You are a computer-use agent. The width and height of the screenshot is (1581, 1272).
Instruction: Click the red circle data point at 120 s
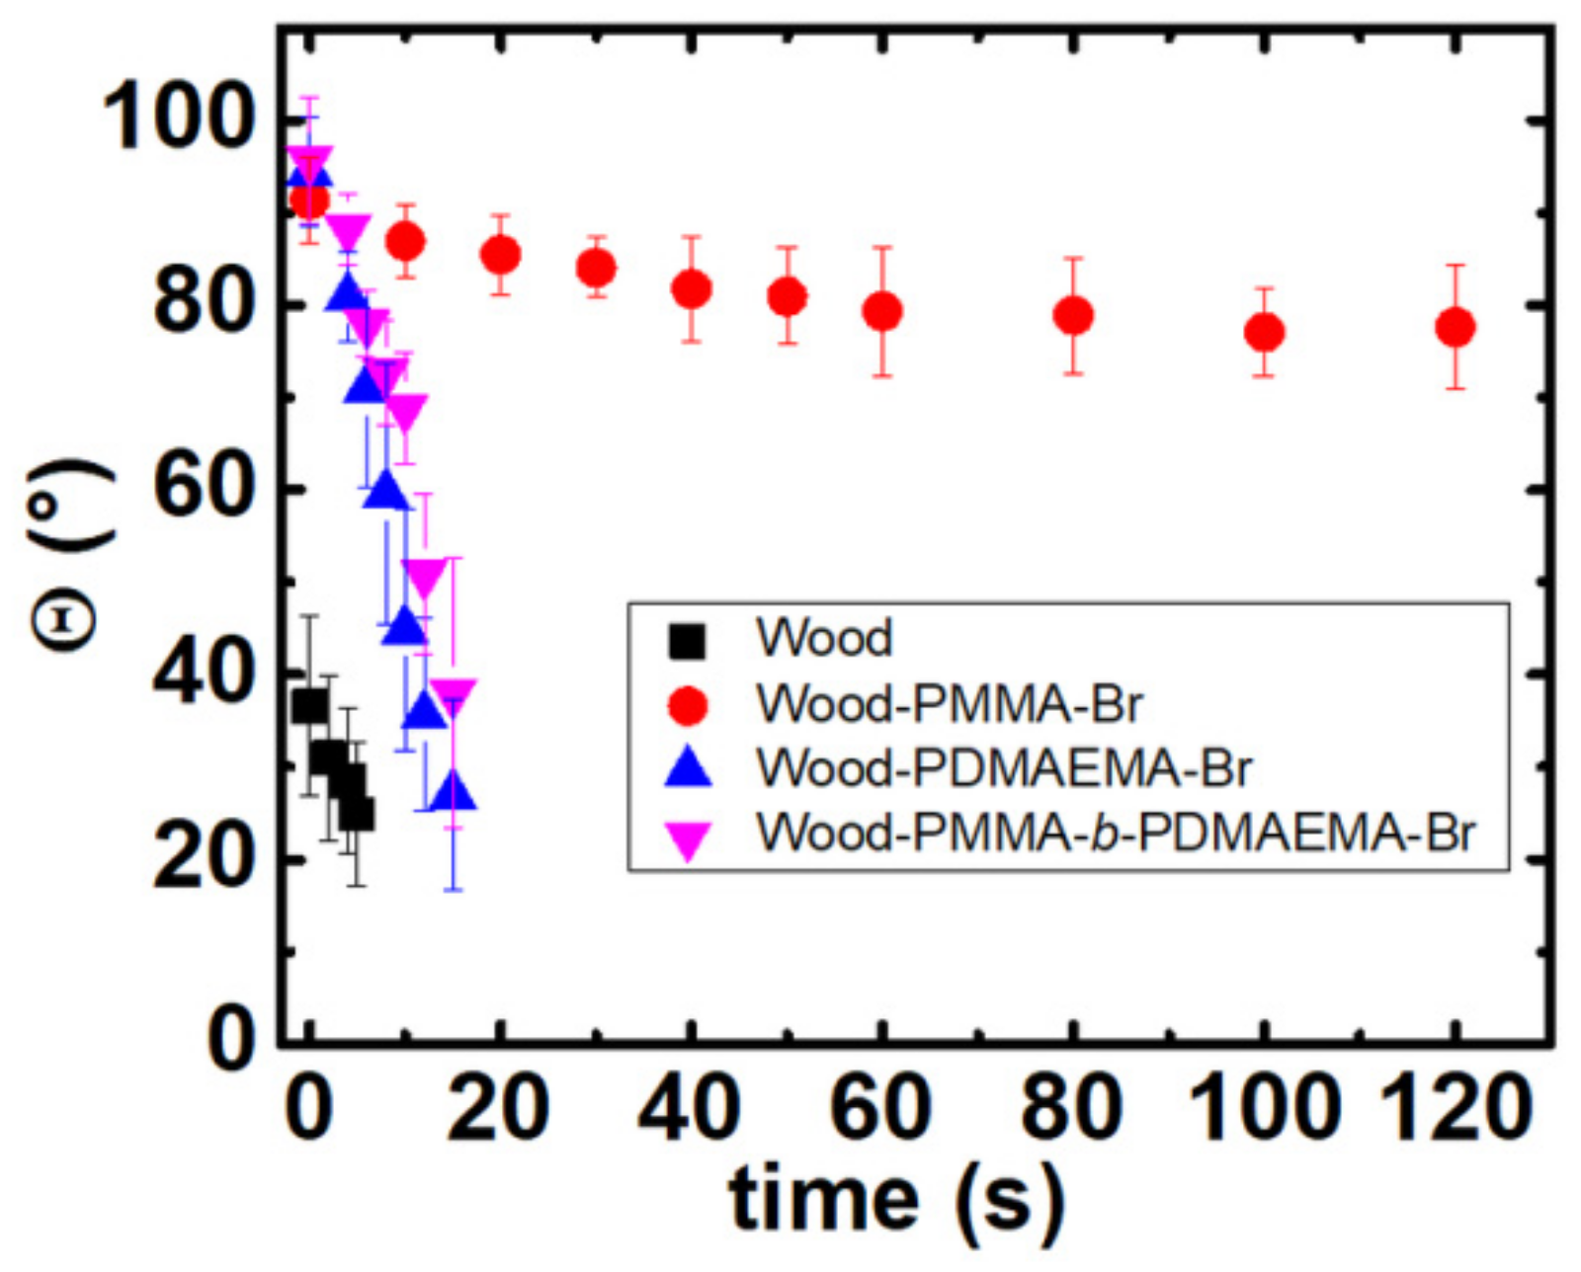coord(1455,327)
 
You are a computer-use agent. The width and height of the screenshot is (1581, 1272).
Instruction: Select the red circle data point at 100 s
coord(1264,333)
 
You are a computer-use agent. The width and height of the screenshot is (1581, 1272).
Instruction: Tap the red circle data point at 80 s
coord(1073,316)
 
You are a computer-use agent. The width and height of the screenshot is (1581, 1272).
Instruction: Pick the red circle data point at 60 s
coord(882,311)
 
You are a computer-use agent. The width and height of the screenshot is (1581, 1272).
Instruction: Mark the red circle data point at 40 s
coord(692,289)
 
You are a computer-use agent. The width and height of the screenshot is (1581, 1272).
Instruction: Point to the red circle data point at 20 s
coord(501,256)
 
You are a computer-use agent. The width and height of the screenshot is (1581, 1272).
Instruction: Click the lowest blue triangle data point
coord(454,792)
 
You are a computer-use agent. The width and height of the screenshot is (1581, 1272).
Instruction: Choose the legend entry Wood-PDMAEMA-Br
coord(1003,768)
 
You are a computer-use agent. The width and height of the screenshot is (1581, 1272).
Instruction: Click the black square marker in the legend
coord(687,641)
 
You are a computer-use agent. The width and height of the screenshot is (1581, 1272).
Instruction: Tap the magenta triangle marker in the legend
coord(687,841)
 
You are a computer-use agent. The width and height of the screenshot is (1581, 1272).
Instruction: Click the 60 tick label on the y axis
coord(201,490)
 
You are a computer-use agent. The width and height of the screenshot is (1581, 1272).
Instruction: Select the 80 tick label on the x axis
coord(1071,1108)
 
